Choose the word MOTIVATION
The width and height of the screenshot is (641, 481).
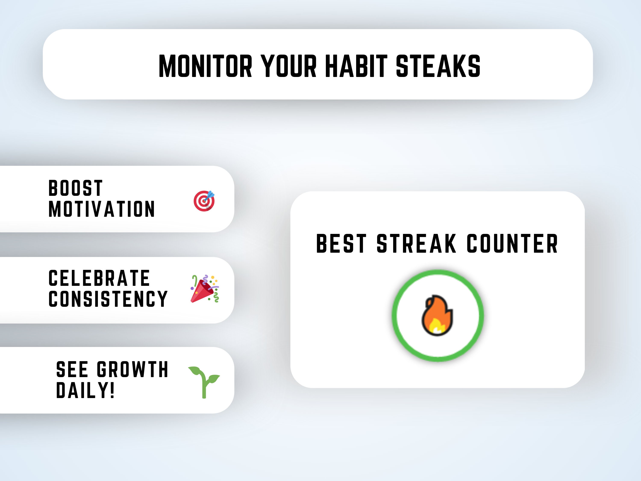tap(102, 209)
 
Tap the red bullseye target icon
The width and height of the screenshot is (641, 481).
tap(204, 201)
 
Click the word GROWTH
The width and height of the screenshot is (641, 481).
tap(132, 370)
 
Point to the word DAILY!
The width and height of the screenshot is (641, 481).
tap(85, 391)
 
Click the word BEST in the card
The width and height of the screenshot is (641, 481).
tap(341, 244)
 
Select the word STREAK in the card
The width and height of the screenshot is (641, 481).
tap(416, 244)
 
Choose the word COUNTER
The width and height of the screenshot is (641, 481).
tap(512, 244)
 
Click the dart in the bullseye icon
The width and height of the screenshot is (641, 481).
tap(210, 195)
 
